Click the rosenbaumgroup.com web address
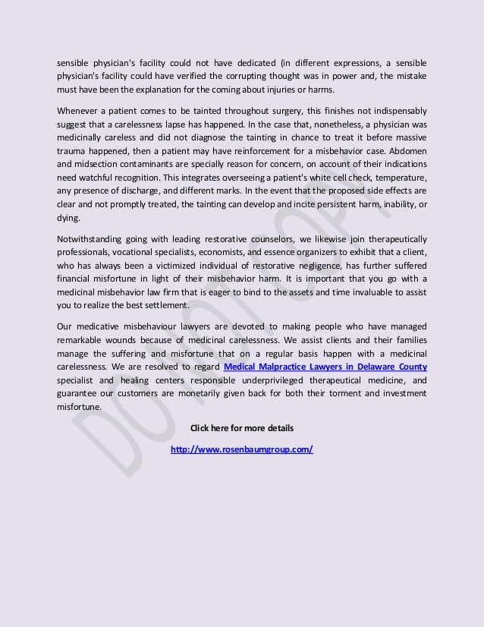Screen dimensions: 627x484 242,449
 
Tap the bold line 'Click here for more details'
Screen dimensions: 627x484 242,428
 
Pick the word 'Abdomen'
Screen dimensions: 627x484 408,150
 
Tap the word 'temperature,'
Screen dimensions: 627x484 399,177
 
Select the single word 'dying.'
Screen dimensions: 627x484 68,217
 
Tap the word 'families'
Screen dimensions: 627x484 408,340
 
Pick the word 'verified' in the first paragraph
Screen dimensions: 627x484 207,75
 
